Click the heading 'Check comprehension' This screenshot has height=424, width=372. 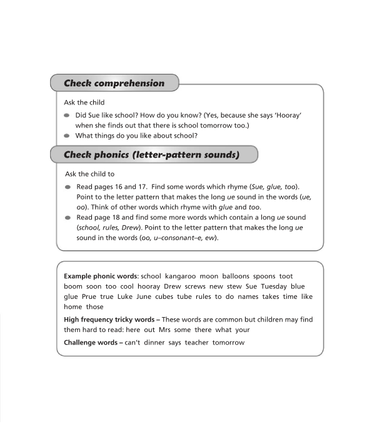point(114,83)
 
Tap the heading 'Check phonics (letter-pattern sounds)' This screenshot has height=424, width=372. point(151,154)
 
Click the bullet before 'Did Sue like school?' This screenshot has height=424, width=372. point(68,116)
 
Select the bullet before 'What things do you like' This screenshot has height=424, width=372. point(68,136)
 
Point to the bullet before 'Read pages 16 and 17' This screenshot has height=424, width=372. point(68,187)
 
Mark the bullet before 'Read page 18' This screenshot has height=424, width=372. point(68,218)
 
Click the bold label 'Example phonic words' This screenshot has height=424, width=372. point(101,276)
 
